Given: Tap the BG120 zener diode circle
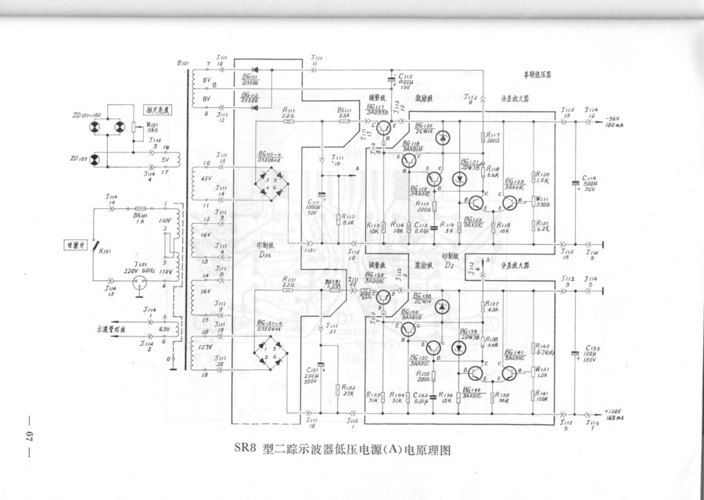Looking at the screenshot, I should (x=442, y=138).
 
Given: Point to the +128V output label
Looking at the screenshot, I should (x=615, y=410).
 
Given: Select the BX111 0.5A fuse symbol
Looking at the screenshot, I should (x=342, y=121).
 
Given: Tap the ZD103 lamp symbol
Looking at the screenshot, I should (x=96, y=160).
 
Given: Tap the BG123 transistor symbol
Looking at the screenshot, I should (x=510, y=204).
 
